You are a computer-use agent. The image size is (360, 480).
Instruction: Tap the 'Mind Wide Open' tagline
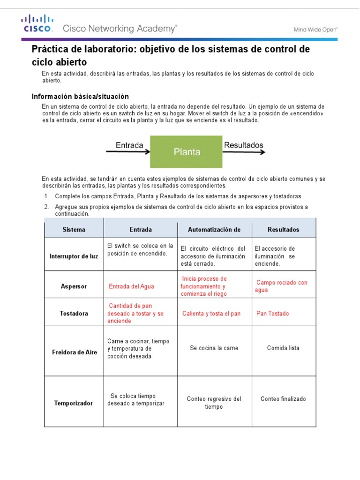click(x=315, y=29)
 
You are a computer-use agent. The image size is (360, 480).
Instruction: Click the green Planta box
click(x=187, y=152)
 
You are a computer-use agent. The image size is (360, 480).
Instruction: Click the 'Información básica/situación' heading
click(x=80, y=97)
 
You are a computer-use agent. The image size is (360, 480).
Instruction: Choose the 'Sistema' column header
click(x=74, y=230)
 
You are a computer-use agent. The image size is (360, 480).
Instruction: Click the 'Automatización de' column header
click(x=214, y=230)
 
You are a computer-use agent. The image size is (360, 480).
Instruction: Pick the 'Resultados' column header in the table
click(x=283, y=230)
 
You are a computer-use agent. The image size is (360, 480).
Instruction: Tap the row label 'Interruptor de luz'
click(x=74, y=256)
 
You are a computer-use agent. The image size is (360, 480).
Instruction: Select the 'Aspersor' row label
click(x=74, y=286)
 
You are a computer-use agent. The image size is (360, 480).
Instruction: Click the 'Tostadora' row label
click(x=74, y=314)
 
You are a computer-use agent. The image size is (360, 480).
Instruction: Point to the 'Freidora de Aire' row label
click(x=74, y=352)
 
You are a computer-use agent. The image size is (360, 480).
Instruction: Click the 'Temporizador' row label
click(x=74, y=403)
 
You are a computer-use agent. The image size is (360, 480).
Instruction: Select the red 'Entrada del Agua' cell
click(x=131, y=286)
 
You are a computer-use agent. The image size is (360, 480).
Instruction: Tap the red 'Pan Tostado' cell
click(x=273, y=314)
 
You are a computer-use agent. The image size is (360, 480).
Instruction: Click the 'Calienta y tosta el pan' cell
click(x=211, y=314)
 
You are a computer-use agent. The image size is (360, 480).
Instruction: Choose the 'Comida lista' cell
click(x=283, y=348)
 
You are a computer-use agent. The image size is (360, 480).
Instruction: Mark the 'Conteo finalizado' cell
click(x=283, y=399)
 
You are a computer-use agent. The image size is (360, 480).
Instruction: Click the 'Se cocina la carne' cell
click(x=214, y=348)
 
